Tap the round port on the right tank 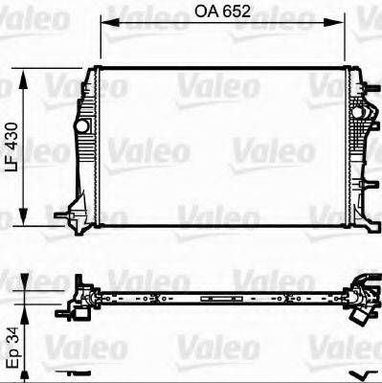tap(362, 114)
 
